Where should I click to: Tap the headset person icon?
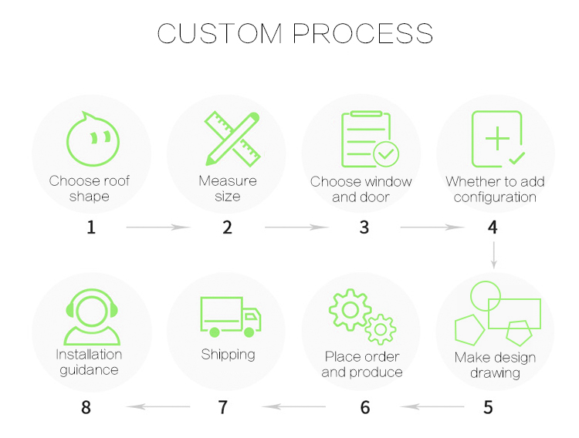tap(92, 316)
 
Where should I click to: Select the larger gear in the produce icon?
tap(350, 310)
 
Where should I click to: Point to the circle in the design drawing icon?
tap(486, 295)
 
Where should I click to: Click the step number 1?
tap(91, 228)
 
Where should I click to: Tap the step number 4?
tap(493, 228)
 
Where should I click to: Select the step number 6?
tap(365, 407)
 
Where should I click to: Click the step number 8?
tap(86, 407)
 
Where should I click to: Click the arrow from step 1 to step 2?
tap(157, 227)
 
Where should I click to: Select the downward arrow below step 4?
tap(493, 254)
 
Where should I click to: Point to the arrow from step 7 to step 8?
tap(157, 406)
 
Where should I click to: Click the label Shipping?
tap(229, 355)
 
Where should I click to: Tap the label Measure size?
tap(228, 189)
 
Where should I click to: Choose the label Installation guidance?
tap(89, 362)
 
